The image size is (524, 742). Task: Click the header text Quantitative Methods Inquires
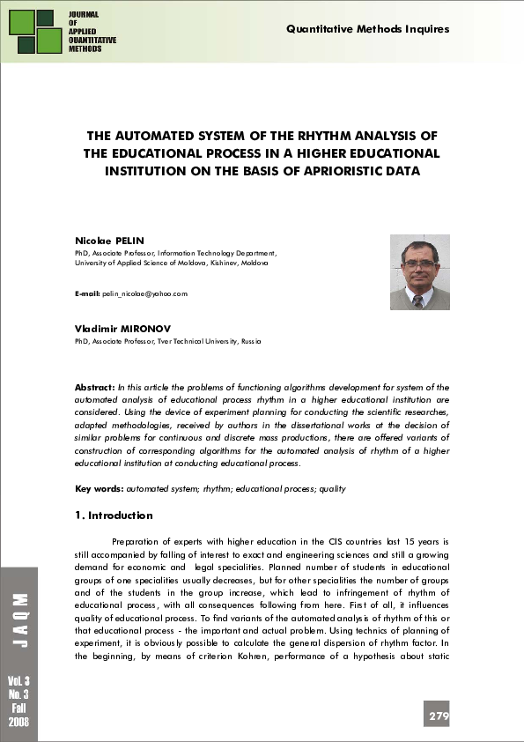tap(367, 29)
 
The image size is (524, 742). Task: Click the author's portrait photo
tap(419, 272)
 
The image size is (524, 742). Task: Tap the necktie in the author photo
tap(418, 300)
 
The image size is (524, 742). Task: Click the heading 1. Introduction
tap(114, 516)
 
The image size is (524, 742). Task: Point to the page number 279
tap(439, 716)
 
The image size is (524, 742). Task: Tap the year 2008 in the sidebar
tap(18, 722)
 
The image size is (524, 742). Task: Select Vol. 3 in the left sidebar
tap(18, 682)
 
